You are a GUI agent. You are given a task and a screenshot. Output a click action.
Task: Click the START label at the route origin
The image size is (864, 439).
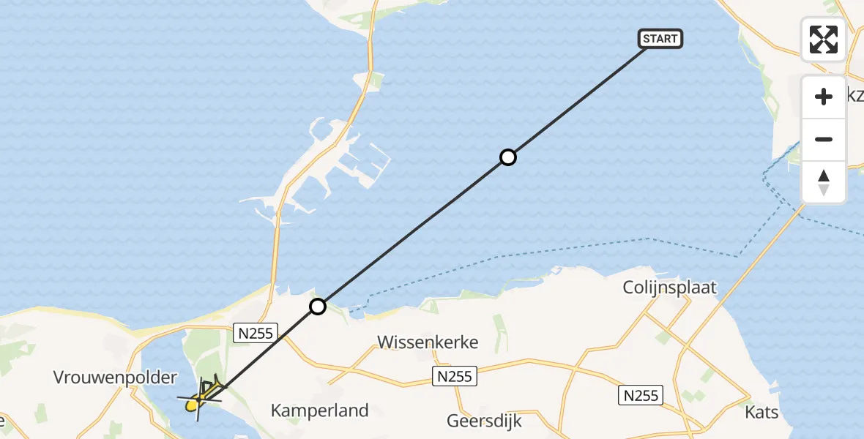(660, 39)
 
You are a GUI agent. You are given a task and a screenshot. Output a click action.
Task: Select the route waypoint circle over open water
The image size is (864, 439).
(507, 157)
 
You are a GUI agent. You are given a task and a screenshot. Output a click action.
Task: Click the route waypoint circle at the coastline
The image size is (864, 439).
(317, 307)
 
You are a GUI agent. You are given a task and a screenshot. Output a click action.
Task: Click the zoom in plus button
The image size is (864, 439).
(824, 97)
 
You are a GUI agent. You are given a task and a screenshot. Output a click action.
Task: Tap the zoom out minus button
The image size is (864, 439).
(824, 140)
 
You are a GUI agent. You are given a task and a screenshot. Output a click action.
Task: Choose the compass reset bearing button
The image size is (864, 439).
(824, 182)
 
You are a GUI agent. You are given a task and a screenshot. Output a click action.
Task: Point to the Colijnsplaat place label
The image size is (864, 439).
(669, 288)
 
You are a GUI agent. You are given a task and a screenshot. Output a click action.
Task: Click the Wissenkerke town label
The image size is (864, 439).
(428, 342)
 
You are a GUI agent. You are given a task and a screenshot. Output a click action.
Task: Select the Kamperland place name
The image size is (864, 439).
(319, 410)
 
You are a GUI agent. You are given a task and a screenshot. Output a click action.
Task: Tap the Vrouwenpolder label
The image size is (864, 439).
(116, 378)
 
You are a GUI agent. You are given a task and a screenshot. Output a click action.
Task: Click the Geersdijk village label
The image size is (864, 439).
(484, 421)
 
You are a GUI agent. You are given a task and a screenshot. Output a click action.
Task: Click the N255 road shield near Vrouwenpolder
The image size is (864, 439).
(255, 334)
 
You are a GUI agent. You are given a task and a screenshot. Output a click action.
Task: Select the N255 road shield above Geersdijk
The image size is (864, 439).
(454, 377)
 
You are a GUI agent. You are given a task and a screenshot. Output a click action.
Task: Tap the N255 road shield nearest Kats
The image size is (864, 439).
(641, 396)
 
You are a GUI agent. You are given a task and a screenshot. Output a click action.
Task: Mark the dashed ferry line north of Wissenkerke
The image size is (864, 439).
(513, 256)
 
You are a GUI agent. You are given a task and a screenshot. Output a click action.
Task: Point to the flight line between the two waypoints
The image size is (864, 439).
(412, 232)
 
